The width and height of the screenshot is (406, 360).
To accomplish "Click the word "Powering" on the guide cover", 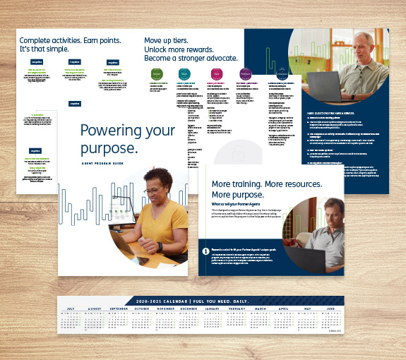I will coord(107,131).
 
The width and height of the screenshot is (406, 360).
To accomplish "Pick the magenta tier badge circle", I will coord(217,74).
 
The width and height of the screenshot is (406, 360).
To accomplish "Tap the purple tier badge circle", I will coord(246,74).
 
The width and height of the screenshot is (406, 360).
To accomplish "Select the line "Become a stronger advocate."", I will coord(191,59).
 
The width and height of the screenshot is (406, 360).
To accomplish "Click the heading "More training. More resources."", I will coord(267,184).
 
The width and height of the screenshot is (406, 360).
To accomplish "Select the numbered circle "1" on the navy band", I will coord(205,251).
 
